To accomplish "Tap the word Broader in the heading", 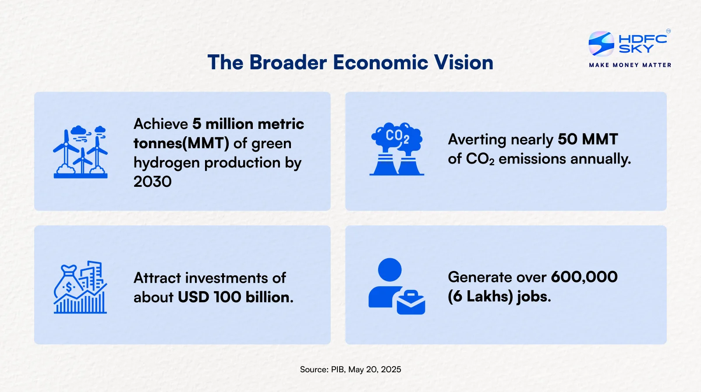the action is (288, 62).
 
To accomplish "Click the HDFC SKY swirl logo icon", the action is (601, 43).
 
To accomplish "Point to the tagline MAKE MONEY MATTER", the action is (630, 65).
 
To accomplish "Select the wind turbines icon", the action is (81, 152).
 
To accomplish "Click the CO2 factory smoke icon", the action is (397, 149).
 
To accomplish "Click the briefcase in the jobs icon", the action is (411, 303).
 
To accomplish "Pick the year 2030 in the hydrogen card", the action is (152, 182).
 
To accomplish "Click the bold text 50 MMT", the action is (588, 139).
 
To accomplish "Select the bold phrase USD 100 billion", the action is (236, 297).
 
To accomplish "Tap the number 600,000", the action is (584, 277).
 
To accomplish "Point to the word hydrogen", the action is (166, 163).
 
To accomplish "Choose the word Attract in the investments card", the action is (157, 278).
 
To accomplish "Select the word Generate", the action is (479, 277).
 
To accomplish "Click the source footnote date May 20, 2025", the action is (375, 370).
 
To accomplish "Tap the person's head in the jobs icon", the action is (389, 270).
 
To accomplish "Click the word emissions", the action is (532, 159).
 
